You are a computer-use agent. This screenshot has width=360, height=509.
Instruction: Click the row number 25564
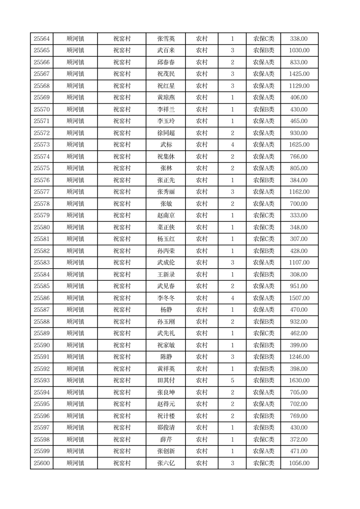42,39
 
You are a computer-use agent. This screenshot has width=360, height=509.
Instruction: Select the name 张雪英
165,39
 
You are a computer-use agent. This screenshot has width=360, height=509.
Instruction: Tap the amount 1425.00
299,74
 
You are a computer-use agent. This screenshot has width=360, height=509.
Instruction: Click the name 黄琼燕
165,98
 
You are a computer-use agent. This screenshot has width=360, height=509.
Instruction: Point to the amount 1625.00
299,145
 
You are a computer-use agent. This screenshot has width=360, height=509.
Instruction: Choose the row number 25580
42,227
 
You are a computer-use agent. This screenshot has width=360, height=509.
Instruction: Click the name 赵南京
165,215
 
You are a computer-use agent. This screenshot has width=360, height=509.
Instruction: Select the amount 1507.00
299,298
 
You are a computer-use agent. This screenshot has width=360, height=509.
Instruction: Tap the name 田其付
165,381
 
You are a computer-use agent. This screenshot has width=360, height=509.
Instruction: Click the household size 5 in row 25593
232,381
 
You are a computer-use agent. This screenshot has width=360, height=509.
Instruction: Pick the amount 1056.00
299,463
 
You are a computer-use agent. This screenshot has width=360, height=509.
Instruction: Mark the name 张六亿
165,463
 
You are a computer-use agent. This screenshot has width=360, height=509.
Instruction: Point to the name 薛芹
165,440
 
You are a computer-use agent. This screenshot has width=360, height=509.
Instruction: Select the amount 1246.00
299,357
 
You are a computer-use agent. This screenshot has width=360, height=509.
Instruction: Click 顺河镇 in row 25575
75,168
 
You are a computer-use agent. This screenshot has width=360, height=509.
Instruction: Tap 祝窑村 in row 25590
122,345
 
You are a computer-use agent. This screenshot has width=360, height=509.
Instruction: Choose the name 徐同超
165,133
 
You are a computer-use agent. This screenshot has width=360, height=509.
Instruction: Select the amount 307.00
299,239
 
